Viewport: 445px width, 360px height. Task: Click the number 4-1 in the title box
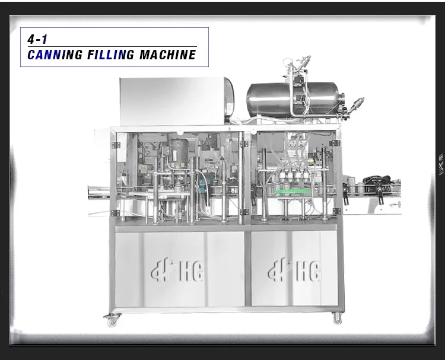[x=37, y=39]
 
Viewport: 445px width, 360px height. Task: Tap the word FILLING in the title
[x=110, y=55]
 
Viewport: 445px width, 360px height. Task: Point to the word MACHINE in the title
[x=167, y=55]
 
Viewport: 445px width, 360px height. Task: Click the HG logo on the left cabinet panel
[x=178, y=270]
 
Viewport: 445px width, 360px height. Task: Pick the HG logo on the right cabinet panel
[x=294, y=270]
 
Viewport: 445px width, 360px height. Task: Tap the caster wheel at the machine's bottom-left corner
[x=112, y=320]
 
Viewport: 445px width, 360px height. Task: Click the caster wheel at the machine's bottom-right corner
[x=337, y=318]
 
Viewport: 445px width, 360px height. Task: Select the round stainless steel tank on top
[x=295, y=99]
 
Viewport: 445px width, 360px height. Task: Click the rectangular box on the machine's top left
[x=177, y=101]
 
